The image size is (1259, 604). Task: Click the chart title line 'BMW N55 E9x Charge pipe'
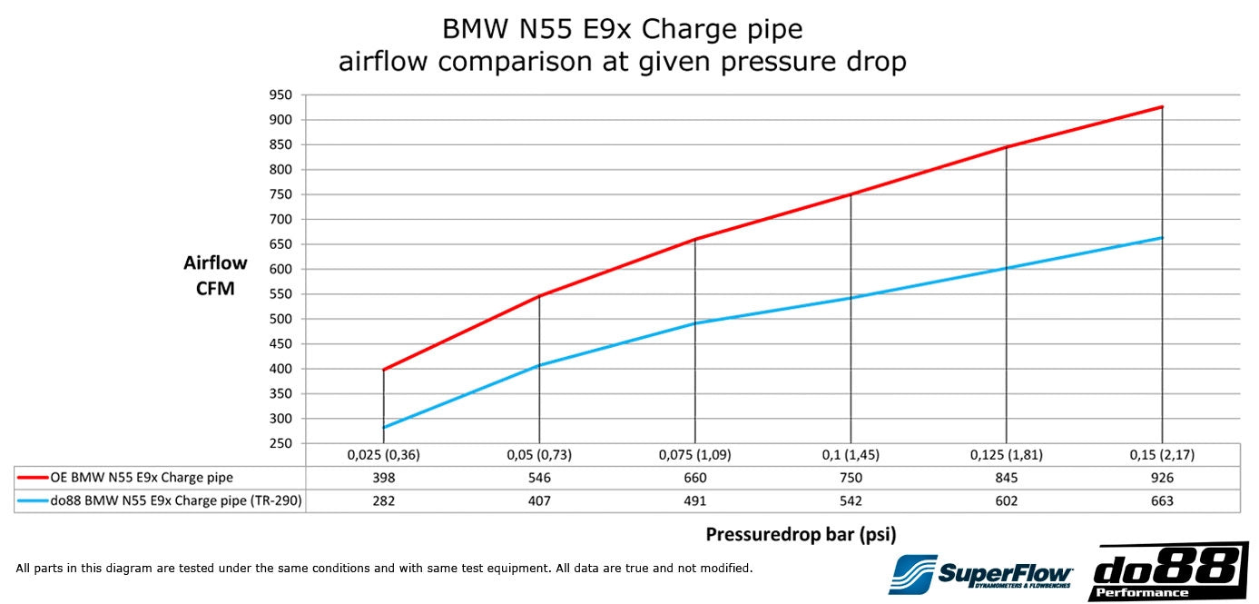tap(622, 29)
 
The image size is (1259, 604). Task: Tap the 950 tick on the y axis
tap(280, 94)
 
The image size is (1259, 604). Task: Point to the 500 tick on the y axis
tap(280, 319)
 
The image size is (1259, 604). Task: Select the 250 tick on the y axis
tap(280, 443)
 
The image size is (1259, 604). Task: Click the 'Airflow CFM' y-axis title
tap(215, 276)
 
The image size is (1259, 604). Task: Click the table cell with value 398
tap(383, 478)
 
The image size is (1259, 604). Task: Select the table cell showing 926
tap(1162, 478)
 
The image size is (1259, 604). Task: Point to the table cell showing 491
tap(694, 501)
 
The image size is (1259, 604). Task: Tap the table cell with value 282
tap(383, 501)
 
